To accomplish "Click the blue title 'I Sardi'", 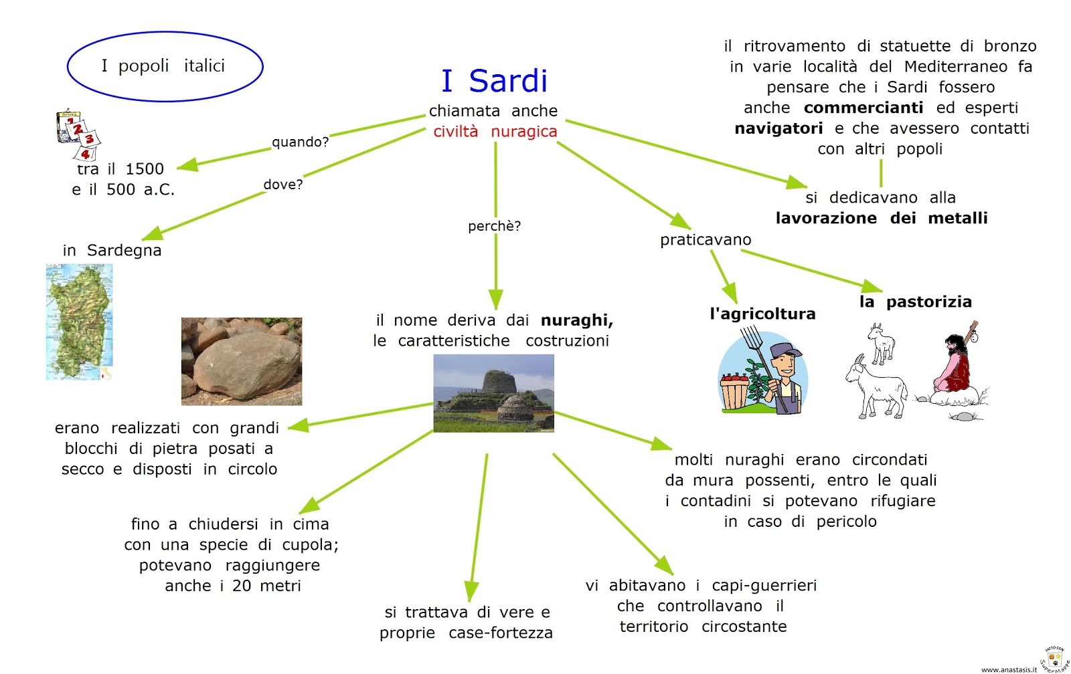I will pos(495,81).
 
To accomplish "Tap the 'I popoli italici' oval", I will pos(165,66).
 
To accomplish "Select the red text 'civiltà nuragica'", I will pos(495,132).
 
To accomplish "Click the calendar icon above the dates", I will pos(78,133).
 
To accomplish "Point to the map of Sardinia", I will pos(79,321).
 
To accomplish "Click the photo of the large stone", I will pos(241,361).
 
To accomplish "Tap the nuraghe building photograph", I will pos(493,393).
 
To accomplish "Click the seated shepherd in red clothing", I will pos(955,364).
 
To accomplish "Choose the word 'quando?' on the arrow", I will pos(300,142).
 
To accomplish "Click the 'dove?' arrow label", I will pos(282,185).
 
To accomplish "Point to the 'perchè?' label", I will pos(494,226).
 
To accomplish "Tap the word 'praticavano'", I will pos(706,240).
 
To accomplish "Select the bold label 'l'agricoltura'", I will pos(762,314).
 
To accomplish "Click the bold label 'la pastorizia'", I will pos(915,302).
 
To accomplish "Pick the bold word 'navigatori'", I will pos(778,128).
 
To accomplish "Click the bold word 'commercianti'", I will pos(863,108).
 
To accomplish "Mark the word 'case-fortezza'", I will pos(501,633).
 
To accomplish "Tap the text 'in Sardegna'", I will pos(112,251).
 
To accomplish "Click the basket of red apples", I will pos(734,390).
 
